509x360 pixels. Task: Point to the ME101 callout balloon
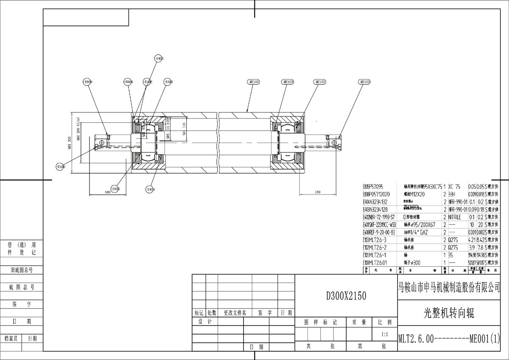[x=364, y=82]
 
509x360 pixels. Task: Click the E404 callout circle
[x=150, y=189]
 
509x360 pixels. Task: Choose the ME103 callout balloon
[x=288, y=82]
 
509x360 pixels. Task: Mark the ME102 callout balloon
[x=320, y=82]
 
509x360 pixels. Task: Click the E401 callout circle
[x=168, y=82]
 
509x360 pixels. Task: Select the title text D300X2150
[x=346, y=295]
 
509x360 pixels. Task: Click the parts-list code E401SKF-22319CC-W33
[x=379, y=225]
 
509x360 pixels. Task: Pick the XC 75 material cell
[x=454, y=186]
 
